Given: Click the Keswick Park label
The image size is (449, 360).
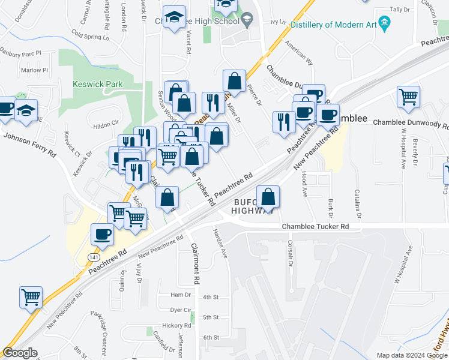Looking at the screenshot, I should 97,85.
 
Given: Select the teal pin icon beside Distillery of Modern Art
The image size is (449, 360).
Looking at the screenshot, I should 385,25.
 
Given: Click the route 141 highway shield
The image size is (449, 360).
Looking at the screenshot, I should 94,256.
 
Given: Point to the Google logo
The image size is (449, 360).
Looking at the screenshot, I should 20,353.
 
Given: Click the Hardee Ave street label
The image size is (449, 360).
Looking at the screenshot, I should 220,243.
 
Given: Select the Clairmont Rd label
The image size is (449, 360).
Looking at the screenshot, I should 195,264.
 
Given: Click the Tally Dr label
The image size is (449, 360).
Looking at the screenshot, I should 400,10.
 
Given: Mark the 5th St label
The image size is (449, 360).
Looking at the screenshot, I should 211,317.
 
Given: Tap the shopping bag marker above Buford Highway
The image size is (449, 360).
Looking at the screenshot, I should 268,196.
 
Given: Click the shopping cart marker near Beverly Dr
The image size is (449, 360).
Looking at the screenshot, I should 409,96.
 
